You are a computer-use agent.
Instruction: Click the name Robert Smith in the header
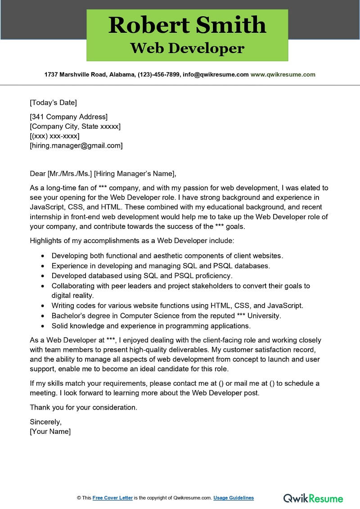tap(187, 25)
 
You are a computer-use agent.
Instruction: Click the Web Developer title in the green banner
tap(187, 48)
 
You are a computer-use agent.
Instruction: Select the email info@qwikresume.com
tap(216, 75)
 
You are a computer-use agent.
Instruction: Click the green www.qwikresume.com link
tap(283, 75)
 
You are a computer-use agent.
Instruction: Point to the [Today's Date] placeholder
tap(53, 102)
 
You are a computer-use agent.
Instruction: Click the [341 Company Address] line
tap(68, 117)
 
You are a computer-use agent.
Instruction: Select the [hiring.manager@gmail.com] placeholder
tap(76, 145)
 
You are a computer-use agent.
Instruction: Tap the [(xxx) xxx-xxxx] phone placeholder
tap(54, 136)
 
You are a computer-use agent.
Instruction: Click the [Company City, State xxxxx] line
tap(75, 126)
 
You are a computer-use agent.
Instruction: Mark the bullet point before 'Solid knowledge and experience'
tap(43, 326)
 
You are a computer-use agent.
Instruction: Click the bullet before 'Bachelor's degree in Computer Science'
tap(43, 316)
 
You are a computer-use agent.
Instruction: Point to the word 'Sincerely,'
tap(45, 422)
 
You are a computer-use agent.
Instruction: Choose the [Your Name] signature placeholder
tap(50, 432)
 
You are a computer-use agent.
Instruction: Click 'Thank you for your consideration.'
tap(83, 408)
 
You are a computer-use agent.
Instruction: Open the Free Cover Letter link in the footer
tap(112, 498)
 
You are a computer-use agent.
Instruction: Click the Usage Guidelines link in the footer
tap(234, 498)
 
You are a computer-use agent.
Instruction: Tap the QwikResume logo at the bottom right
tap(313, 498)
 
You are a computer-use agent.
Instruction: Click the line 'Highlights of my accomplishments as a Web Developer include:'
tap(132, 241)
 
